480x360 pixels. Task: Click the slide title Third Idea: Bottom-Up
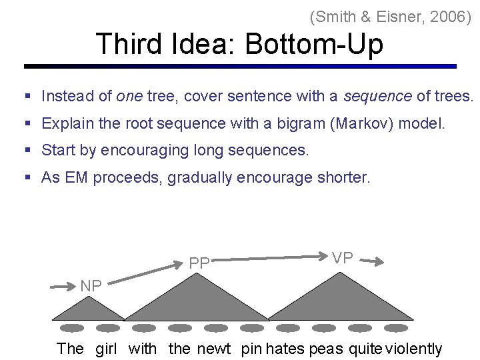tap(239, 45)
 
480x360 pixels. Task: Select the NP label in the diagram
tap(91, 286)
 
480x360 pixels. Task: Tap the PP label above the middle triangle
tap(199, 263)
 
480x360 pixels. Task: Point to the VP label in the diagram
tap(343, 258)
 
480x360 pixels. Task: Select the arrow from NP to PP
tap(145, 275)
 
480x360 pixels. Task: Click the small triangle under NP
tap(89, 310)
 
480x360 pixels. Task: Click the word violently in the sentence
tap(414, 349)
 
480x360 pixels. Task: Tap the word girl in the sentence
tap(106, 349)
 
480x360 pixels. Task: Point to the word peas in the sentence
tap(325, 349)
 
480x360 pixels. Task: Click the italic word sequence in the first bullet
tap(377, 96)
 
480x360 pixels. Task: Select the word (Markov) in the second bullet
tap(369, 123)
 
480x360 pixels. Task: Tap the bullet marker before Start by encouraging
tap(28, 151)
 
